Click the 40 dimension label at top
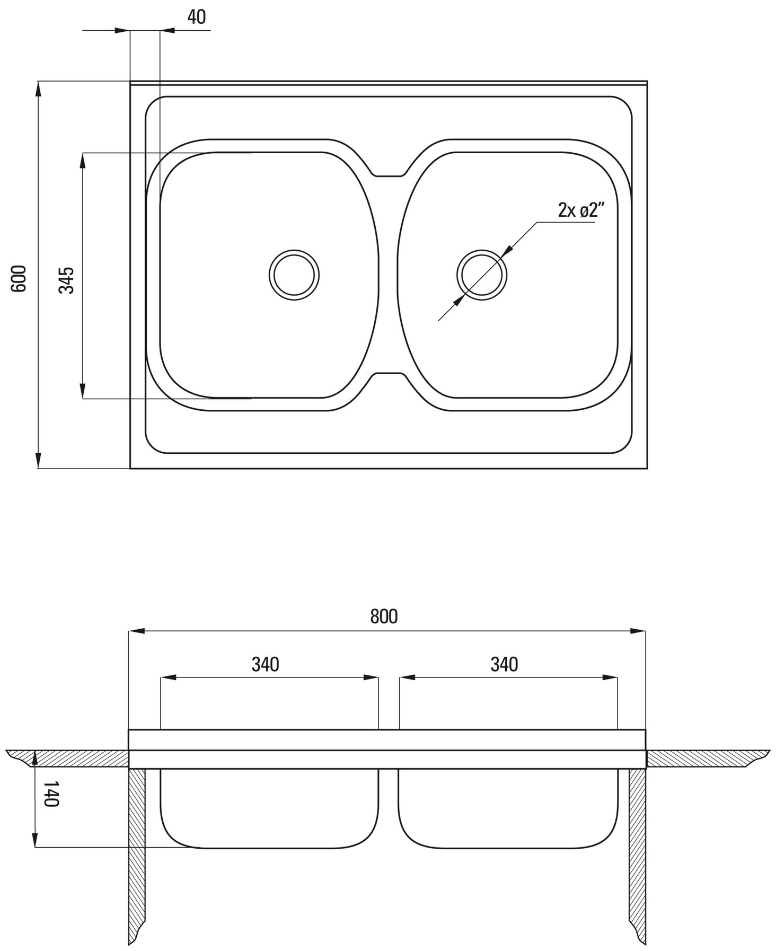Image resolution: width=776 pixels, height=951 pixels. pyautogui.click(x=196, y=17)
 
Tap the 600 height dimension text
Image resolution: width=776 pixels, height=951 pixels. pyautogui.click(x=19, y=278)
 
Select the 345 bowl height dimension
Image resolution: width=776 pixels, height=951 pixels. pyautogui.click(x=67, y=280)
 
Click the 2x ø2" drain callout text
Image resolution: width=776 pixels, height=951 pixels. pyautogui.click(x=581, y=210)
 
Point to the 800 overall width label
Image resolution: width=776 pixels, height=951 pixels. pyautogui.click(x=384, y=617)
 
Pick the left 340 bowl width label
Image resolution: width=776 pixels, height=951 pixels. pyautogui.click(x=265, y=664)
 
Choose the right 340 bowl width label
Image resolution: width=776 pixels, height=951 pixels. pyautogui.click(x=504, y=664)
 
